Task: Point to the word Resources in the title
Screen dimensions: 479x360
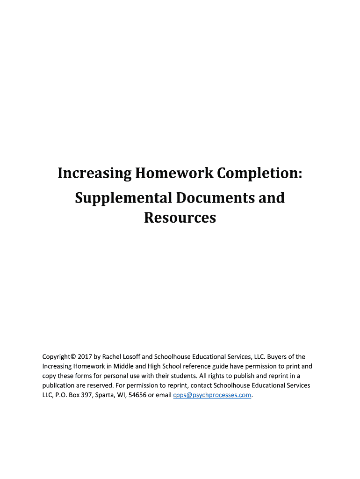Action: click(x=180, y=218)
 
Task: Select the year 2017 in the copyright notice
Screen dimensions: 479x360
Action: click(x=79, y=356)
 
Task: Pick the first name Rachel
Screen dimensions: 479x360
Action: click(x=112, y=356)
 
